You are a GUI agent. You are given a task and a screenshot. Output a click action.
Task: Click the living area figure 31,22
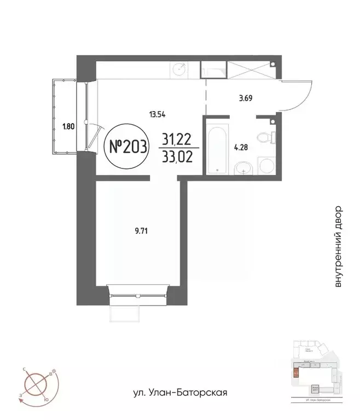178,140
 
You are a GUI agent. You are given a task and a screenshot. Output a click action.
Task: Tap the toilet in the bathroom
268,136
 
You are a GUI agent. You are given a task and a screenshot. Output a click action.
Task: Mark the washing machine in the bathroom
267,166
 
